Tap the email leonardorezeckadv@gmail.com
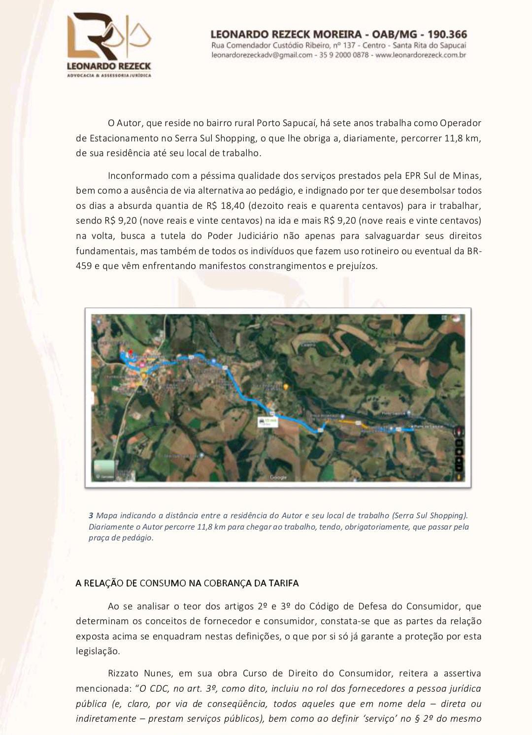(262, 55)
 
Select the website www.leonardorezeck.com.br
(421, 55)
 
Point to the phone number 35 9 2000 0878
(344, 55)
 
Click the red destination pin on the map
(131, 353)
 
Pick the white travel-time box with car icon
(267, 422)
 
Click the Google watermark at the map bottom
(278, 477)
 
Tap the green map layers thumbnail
(104, 468)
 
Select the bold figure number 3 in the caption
(91, 516)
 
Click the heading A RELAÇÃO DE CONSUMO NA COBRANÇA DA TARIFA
(187, 583)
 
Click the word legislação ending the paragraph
(98, 651)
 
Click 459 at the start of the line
(83, 266)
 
